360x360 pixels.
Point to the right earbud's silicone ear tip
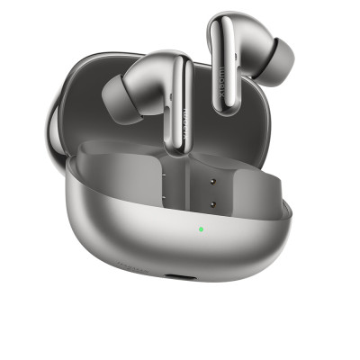pyautogui.click(x=278, y=57)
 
